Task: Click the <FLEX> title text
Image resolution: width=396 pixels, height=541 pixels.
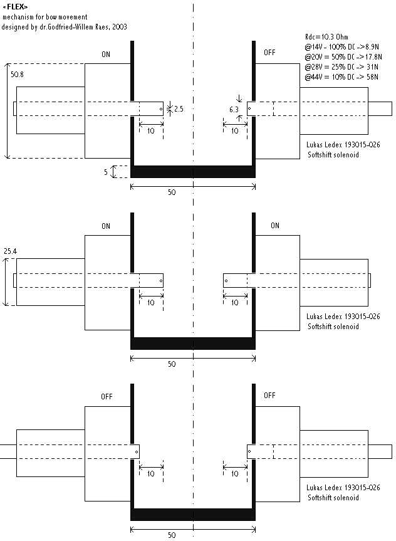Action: [x=16, y=6]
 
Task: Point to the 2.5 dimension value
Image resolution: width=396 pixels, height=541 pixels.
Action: [x=179, y=109]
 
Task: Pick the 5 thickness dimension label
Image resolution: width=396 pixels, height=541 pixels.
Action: [x=107, y=171]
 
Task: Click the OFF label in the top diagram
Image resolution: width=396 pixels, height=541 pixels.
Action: [x=269, y=53]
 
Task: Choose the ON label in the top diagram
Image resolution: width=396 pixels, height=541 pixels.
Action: [x=106, y=55]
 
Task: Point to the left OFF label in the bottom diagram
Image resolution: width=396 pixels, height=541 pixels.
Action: [x=107, y=397]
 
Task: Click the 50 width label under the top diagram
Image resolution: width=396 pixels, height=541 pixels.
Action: [x=172, y=192]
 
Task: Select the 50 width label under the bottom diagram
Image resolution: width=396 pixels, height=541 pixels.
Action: [x=172, y=536]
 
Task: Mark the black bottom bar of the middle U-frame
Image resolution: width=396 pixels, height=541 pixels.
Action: [x=193, y=343]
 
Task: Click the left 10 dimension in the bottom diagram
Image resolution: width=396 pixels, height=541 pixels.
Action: [x=150, y=474]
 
